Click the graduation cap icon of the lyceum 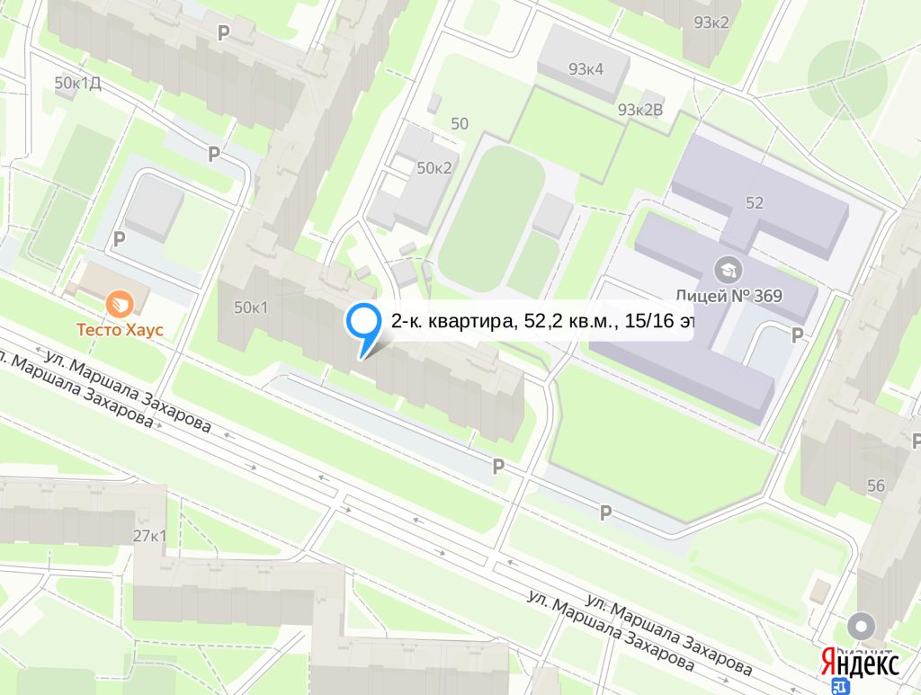pos(723,268)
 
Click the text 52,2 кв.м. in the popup pos(562,322)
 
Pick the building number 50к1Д pos(77,84)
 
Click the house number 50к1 pos(252,307)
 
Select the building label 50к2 pos(434,168)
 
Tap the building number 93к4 pos(586,69)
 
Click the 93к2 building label pos(711,22)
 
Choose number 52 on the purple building pos(754,203)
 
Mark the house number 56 pos(876,486)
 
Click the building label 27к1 pos(150,537)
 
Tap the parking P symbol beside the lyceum pos(796,335)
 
